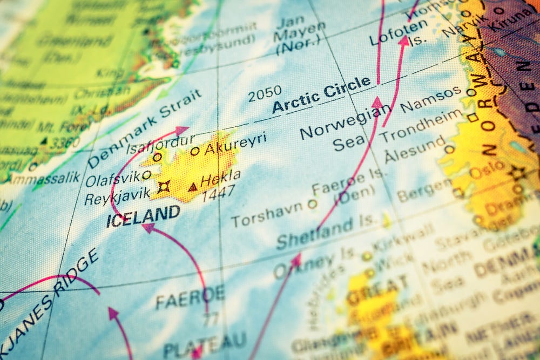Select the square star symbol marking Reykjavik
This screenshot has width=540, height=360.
point(163,187)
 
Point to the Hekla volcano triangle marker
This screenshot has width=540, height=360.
point(192,187)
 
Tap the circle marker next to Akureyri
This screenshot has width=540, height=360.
point(194,151)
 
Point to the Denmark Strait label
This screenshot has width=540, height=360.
point(144,128)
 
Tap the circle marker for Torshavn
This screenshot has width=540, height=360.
point(312,204)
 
